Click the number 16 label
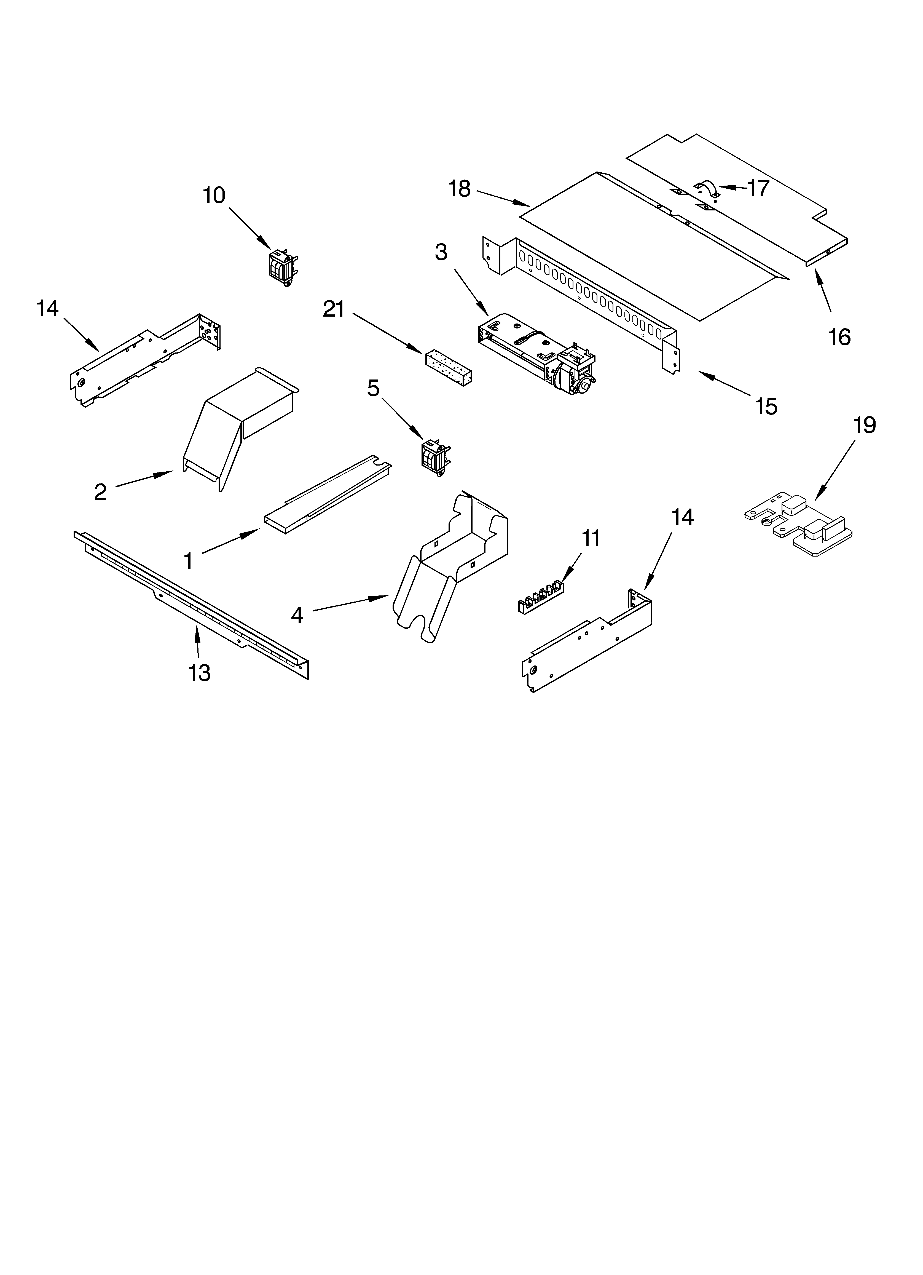pos(839,337)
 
